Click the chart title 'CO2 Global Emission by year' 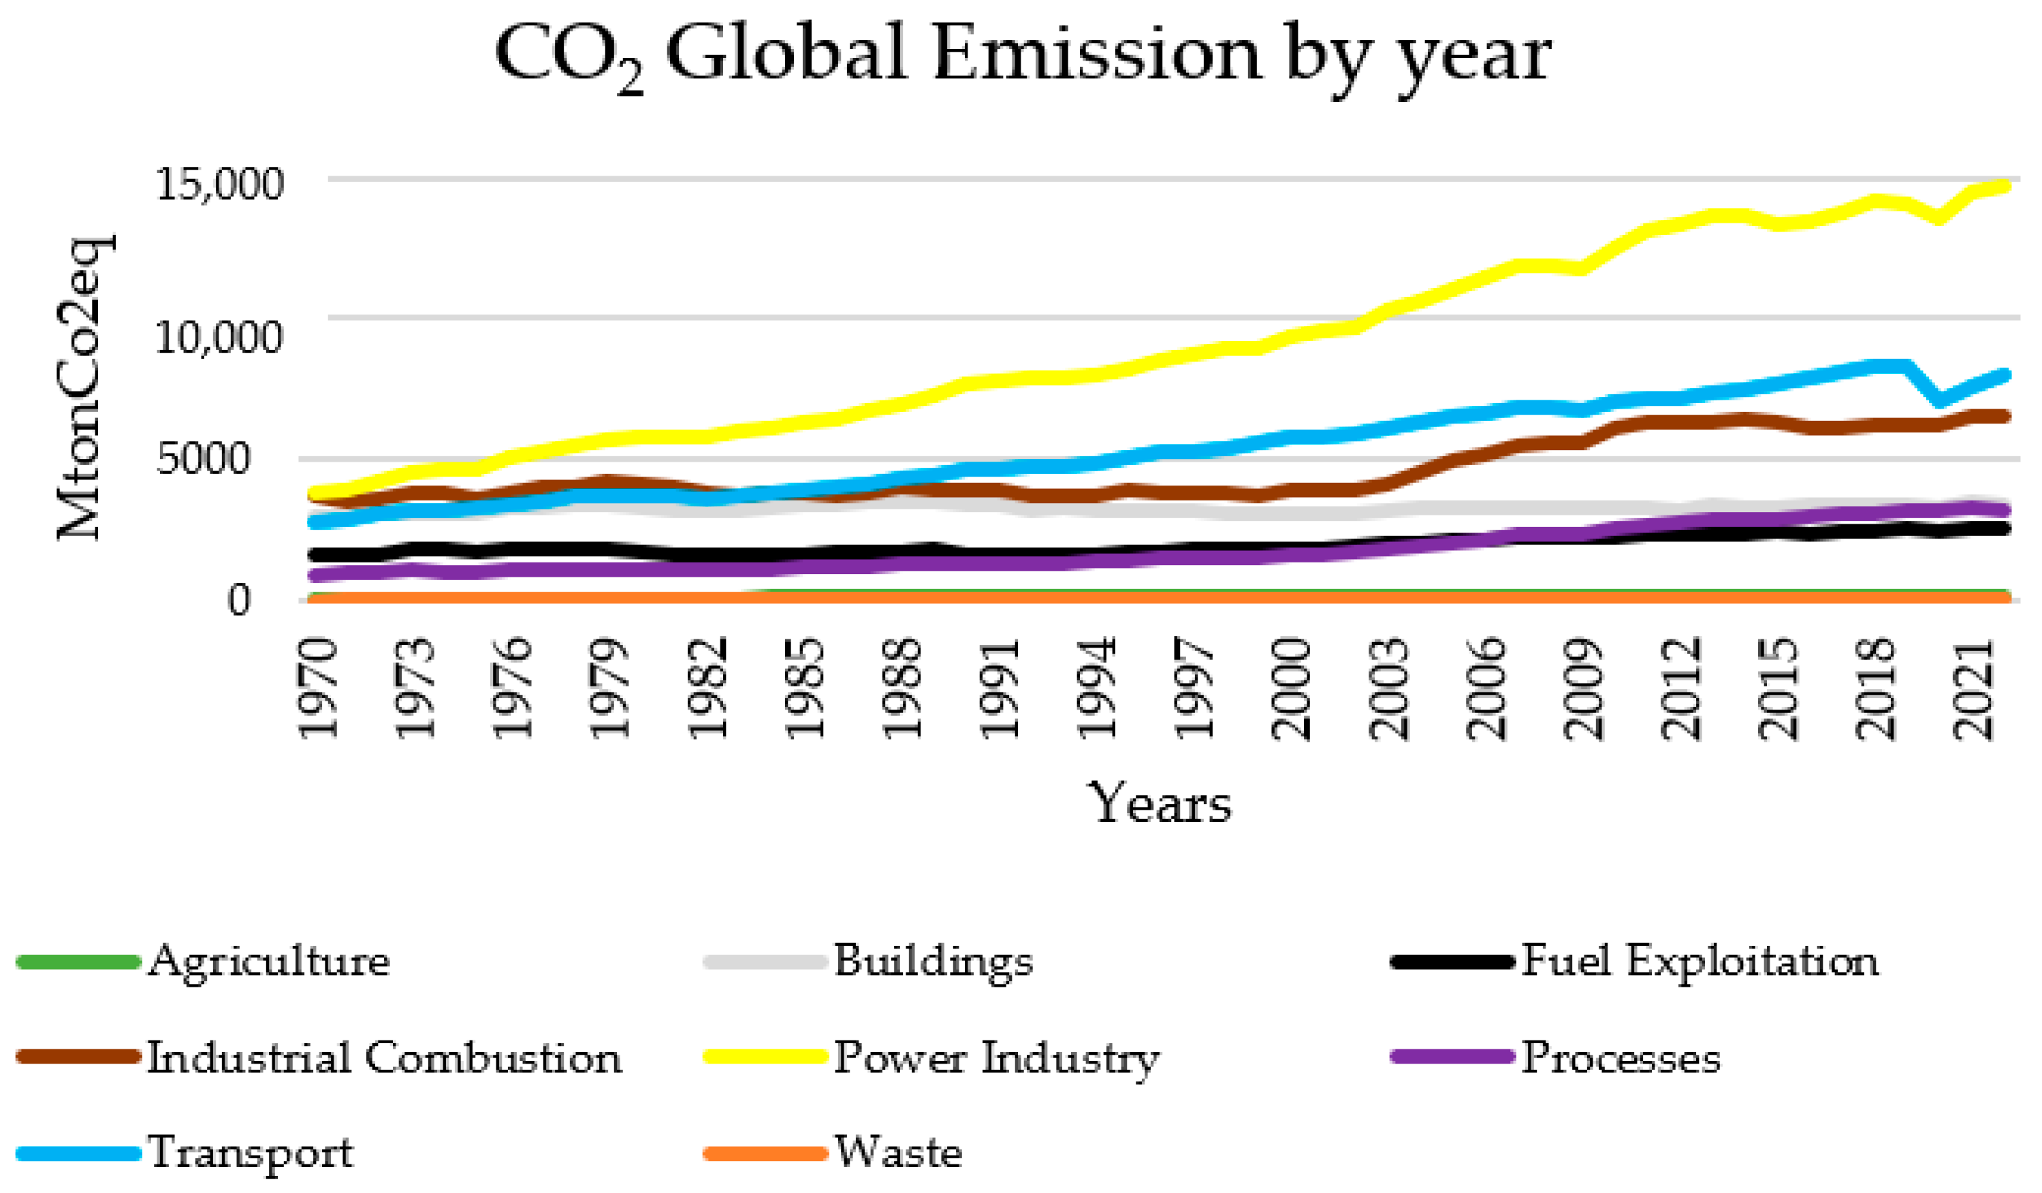tap(1023, 55)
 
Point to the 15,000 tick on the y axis tap(220, 184)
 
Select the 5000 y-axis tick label tap(204, 459)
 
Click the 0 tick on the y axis tap(239, 601)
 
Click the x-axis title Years tap(1161, 804)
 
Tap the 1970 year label tap(318, 689)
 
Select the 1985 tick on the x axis tap(805, 689)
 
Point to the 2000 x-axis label tap(1291, 689)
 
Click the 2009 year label tap(1582, 689)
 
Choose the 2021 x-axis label tap(1971, 689)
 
